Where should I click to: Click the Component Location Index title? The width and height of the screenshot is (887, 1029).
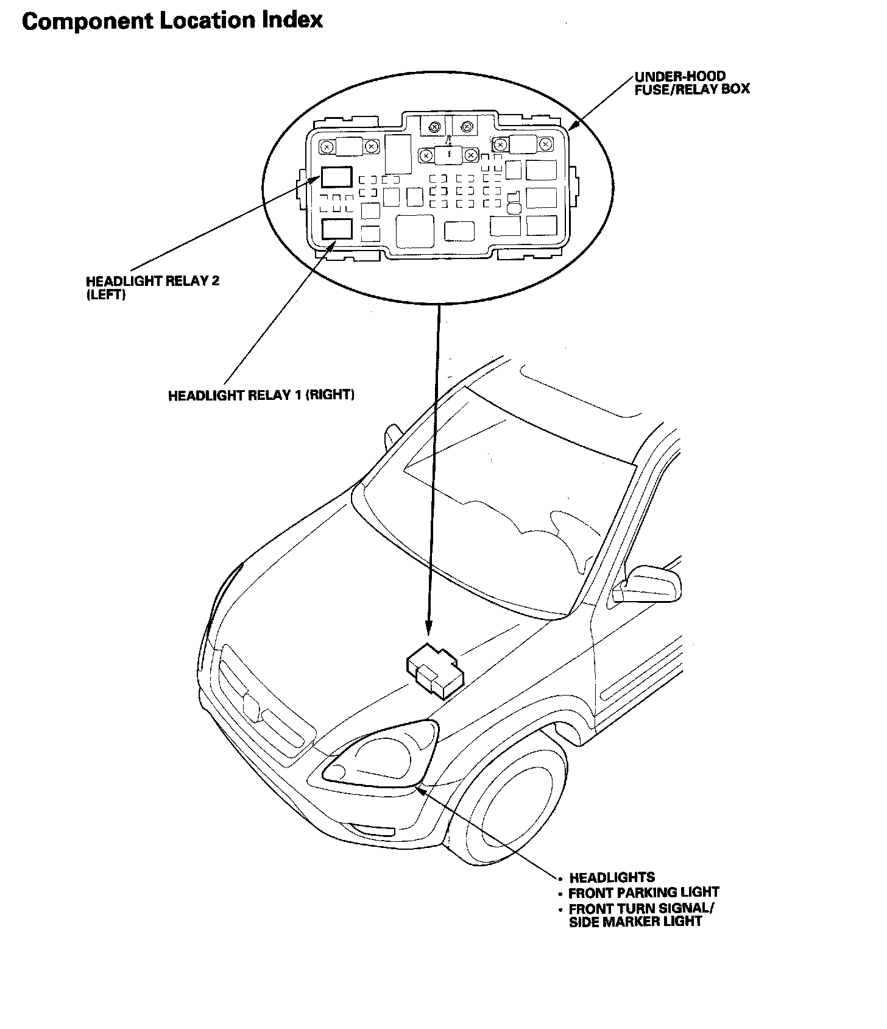click(172, 21)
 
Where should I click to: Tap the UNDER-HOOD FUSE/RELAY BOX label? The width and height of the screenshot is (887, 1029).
click(691, 83)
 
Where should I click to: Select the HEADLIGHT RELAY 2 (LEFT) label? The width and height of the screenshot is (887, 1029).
click(152, 288)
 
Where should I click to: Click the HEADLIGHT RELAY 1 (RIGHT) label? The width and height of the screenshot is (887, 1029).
click(261, 395)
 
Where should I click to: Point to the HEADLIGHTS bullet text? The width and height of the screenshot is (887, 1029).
click(612, 878)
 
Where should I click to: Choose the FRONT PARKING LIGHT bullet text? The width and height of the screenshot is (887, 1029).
click(644, 893)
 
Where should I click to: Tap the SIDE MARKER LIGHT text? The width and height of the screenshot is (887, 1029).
click(635, 922)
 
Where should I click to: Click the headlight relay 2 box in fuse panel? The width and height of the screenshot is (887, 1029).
click(337, 177)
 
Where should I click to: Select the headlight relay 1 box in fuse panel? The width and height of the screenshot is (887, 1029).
click(337, 229)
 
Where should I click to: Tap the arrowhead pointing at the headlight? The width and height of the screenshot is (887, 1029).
click(419, 789)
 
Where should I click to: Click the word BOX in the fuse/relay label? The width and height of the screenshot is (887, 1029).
click(735, 89)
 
